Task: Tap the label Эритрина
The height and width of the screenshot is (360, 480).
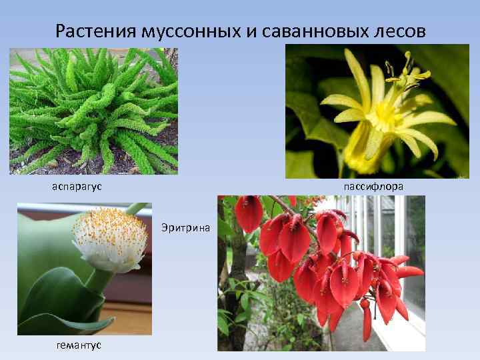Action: coord(185,228)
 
